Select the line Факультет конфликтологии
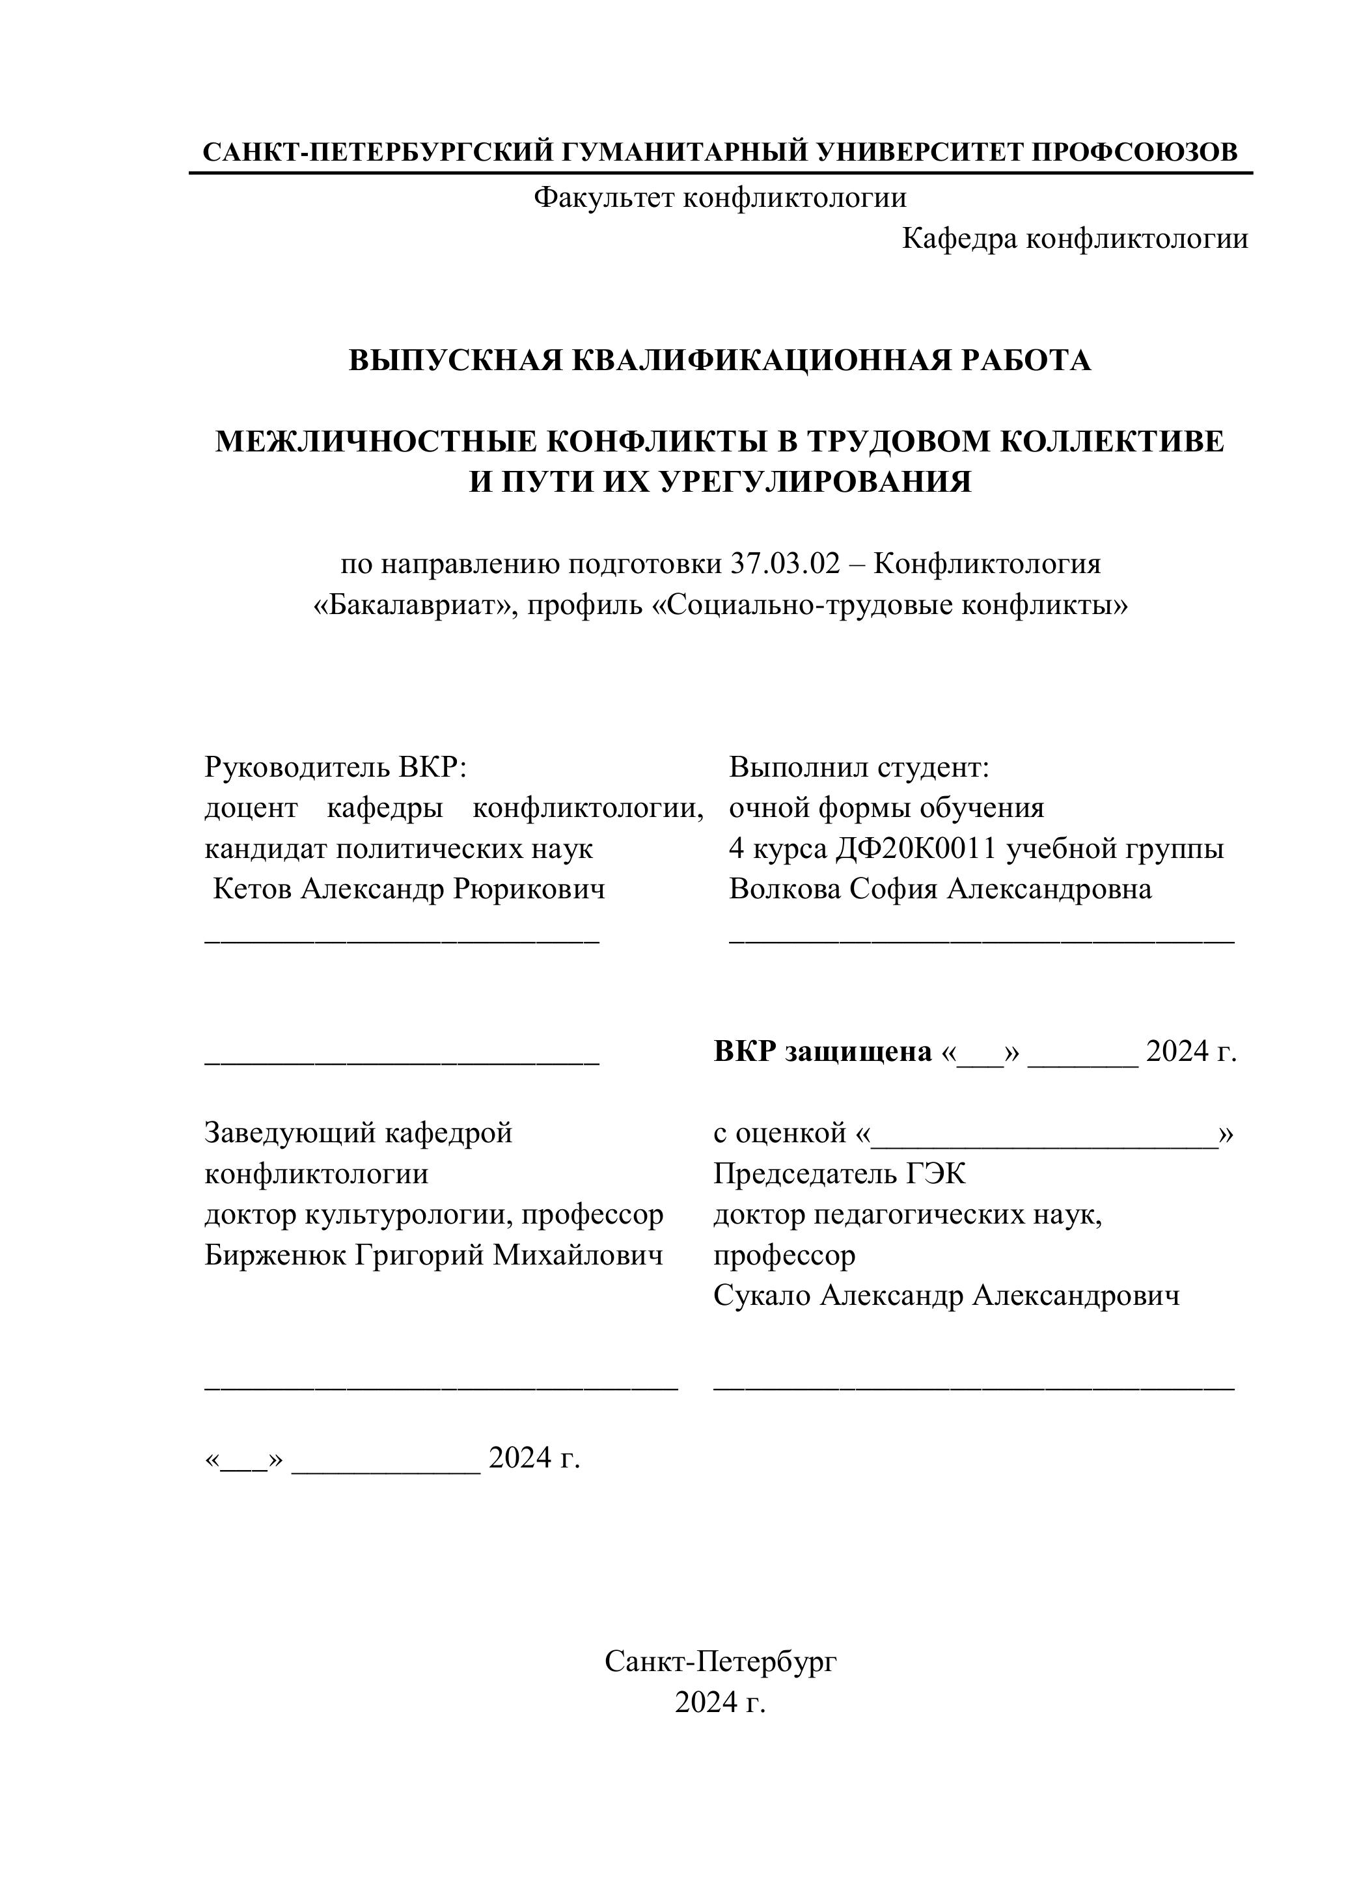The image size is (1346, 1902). click(719, 197)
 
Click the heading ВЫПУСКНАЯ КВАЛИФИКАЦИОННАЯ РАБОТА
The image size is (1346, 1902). click(719, 360)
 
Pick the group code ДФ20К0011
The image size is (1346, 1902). click(915, 849)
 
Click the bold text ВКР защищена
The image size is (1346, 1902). click(822, 1052)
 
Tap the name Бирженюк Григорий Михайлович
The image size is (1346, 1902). click(433, 1256)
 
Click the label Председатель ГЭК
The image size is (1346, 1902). click(839, 1174)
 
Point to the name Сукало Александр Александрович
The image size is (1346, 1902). click(946, 1296)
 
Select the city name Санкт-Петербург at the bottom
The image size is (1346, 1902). click(719, 1662)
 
